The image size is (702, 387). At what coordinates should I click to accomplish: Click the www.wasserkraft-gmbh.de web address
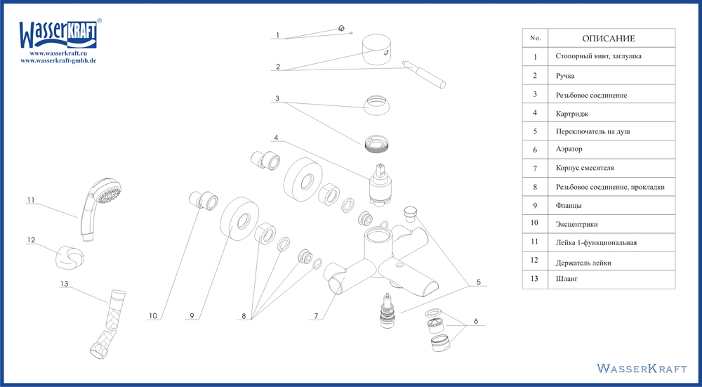[x=59, y=60]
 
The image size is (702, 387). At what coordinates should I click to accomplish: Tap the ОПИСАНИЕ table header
[x=609, y=39]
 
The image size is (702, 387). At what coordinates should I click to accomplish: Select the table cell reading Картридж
[x=571, y=114]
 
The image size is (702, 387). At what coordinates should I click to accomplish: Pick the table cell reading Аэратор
[x=569, y=149]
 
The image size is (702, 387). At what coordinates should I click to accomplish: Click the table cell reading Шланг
[x=567, y=279]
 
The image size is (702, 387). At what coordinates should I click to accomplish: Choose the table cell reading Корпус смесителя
[x=585, y=169]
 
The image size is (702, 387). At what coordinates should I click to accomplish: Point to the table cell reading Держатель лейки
[x=583, y=263]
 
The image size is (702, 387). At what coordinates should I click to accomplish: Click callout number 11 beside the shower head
[x=30, y=199]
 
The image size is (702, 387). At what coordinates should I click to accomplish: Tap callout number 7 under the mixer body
[x=316, y=316]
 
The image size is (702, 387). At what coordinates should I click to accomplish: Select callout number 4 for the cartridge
[x=276, y=138]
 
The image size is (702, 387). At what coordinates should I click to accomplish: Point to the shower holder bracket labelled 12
[x=69, y=257]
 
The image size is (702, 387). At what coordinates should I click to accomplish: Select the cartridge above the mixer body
[x=379, y=184]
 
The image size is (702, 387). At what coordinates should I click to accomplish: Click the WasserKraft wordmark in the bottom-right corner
[x=642, y=368]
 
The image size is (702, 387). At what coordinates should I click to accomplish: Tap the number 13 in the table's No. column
[x=534, y=279]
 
